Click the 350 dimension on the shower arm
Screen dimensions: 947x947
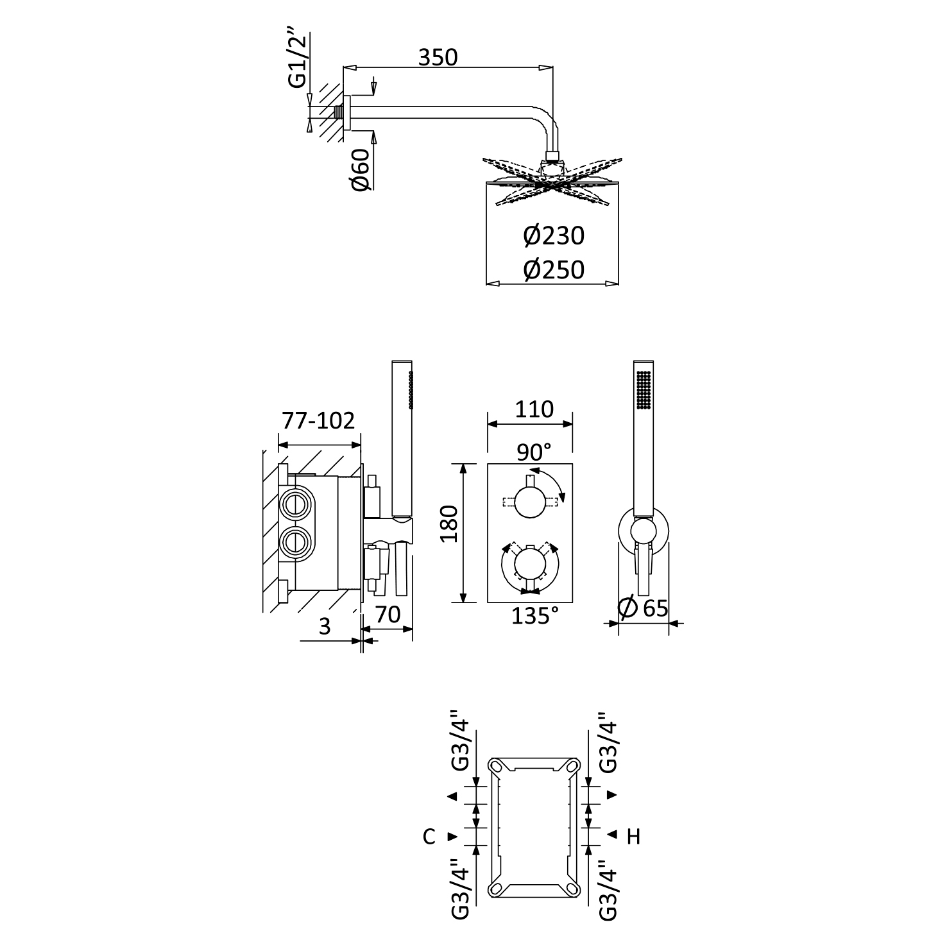(438, 57)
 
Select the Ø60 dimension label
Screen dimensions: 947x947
(361, 169)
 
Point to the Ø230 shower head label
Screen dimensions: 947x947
(554, 236)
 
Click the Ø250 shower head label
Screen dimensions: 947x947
(554, 269)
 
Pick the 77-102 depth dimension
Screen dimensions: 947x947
(318, 421)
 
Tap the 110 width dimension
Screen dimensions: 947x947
(534, 409)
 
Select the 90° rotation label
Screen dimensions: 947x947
(534, 452)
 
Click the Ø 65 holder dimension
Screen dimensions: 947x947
(644, 608)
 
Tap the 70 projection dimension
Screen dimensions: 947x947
(388, 614)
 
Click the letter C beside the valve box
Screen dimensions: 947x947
(429, 837)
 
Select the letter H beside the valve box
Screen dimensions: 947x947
(633, 837)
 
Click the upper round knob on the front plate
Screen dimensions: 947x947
(530, 502)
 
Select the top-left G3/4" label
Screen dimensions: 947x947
(463, 740)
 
